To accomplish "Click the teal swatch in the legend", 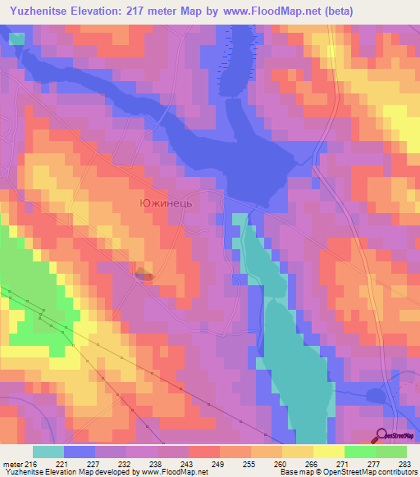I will [x=48, y=451].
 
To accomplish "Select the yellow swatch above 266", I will [x=298, y=451].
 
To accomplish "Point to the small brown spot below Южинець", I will [x=144, y=275].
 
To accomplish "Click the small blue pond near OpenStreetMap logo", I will [x=377, y=396].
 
